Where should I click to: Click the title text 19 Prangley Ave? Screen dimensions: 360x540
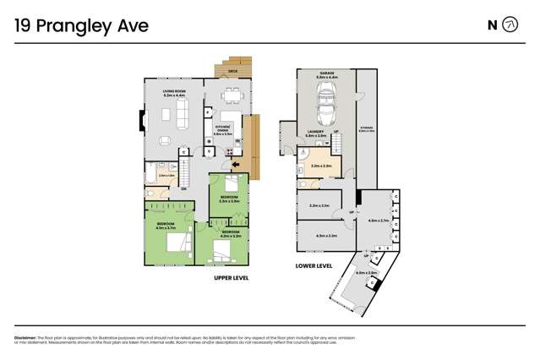(81, 26)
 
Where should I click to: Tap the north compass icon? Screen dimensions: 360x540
(510, 25)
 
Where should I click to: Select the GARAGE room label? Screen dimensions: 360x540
(325, 74)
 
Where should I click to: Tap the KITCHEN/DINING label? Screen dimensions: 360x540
(222, 129)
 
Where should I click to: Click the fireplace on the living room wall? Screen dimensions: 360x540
(142, 119)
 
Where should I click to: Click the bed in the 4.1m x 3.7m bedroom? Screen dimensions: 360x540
(178, 243)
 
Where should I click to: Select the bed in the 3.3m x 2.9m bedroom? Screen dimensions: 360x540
(233, 183)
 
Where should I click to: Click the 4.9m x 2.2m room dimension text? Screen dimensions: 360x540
(326, 236)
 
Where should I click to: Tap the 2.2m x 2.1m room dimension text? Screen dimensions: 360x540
(319, 205)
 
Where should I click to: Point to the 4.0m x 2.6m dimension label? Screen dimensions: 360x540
(366, 273)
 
